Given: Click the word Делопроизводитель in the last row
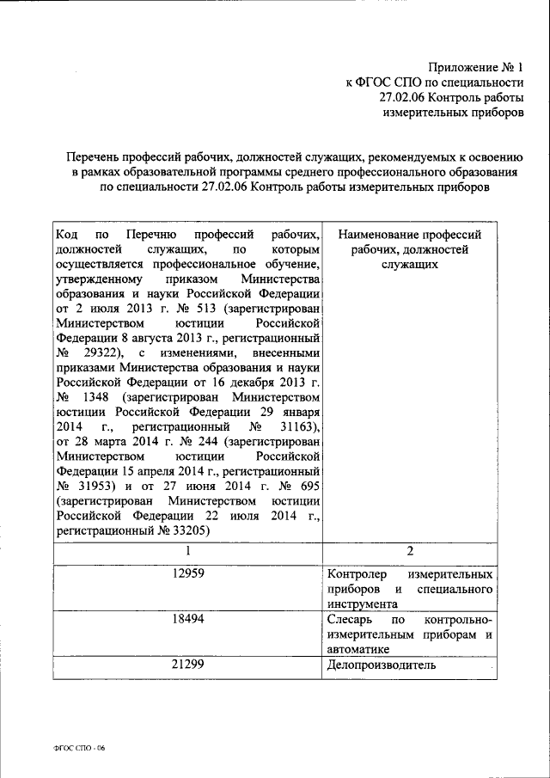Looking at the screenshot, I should pos(382,665).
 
